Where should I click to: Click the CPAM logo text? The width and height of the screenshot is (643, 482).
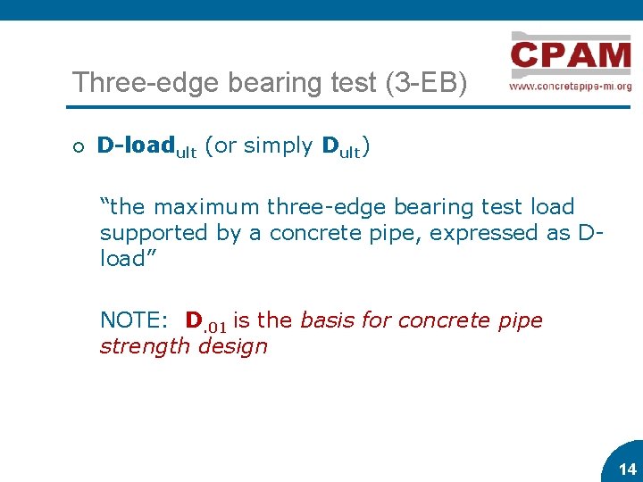(571, 54)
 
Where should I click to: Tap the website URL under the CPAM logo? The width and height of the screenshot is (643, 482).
(571, 87)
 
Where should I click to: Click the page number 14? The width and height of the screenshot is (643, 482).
(627, 469)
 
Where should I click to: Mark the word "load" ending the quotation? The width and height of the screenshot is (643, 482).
(122, 259)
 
